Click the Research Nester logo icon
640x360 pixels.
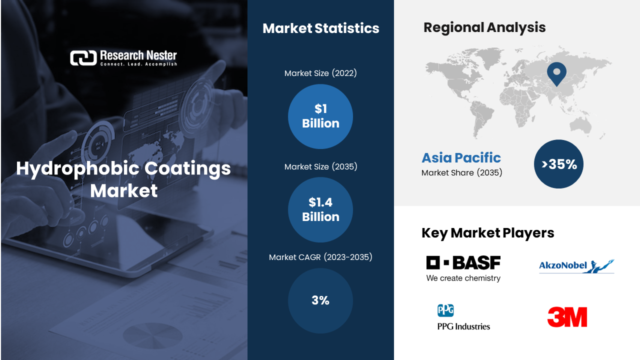tap(83, 58)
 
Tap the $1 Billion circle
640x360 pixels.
tap(320, 116)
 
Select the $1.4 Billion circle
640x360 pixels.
tap(320, 209)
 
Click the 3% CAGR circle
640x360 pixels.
tap(320, 300)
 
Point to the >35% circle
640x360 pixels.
tap(558, 164)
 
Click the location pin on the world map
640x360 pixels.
tap(556, 73)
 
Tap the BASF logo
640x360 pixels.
tap(463, 268)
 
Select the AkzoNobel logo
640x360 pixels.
tap(576, 266)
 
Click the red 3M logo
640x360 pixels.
tap(567, 317)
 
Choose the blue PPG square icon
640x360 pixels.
tap(445, 310)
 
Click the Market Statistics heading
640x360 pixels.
tap(321, 28)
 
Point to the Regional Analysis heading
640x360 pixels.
tap(484, 27)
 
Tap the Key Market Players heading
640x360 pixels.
tap(487, 233)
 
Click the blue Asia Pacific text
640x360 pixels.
tap(461, 157)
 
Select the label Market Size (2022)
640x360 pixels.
tap(320, 73)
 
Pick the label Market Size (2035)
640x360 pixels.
tap(320, 166)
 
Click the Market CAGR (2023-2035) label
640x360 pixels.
tap(320, 257)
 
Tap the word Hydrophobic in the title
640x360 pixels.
tap(78, 168)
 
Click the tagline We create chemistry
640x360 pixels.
tap(463, 278)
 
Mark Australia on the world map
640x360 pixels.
tap(580, 126)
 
